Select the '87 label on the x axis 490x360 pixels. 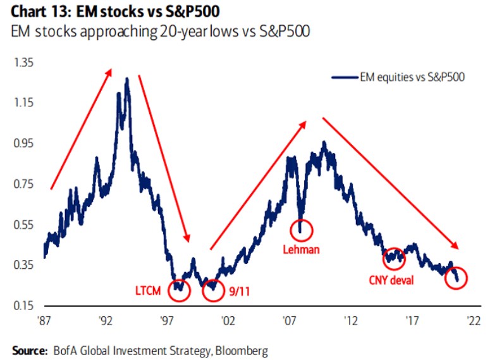pyautogui.click(x=44, y=321)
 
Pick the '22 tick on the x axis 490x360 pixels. pyautogui.click(x=473, y=321)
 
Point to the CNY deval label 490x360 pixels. pyautogui.click(x=390, y=279)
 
